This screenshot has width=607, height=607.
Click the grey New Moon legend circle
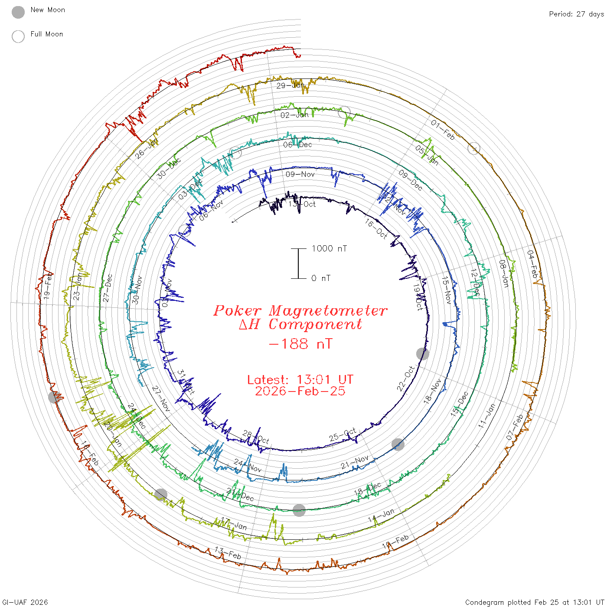(18, 12)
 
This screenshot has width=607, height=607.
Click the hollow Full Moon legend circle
(18, 36)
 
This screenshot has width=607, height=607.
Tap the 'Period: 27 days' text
(576, 14)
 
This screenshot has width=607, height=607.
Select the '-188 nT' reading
(300, 344)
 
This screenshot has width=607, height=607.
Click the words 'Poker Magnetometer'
(300, 310)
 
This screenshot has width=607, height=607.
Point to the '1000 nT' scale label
(329, 248)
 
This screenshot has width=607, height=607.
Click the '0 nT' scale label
(321, 278)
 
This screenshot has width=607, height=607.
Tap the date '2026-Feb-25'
(300, 391)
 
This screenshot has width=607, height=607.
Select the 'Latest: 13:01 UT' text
(300, 380)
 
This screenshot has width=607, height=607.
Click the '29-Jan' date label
(290, 85)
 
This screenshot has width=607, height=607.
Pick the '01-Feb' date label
(443, 130)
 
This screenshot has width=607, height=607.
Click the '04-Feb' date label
(532, 264)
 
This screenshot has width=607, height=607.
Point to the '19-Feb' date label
(48, 286)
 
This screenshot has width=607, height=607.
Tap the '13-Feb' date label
(228, 553)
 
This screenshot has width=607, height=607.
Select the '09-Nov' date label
(300, 174)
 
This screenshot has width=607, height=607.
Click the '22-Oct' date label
(406, 378)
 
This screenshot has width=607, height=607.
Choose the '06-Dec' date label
(297, 144)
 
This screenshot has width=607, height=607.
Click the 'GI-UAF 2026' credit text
(25, 602)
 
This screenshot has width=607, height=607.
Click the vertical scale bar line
(298, 263)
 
